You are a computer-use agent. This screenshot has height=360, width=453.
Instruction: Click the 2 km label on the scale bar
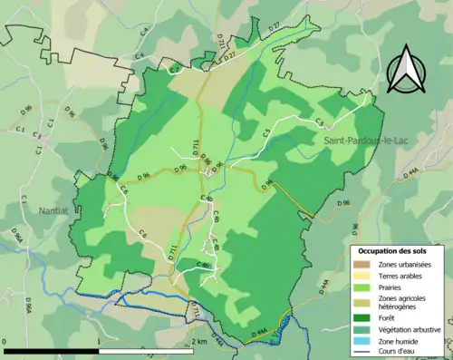(199, 343)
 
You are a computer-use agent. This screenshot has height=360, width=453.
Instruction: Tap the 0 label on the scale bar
(5, 343)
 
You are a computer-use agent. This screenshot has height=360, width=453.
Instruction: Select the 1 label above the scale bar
(98, 343)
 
